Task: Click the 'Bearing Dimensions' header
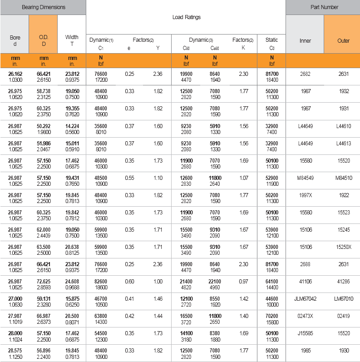tap(43, 7)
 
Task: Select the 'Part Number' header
tap(322, 7)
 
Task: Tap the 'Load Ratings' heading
tap(186, 17)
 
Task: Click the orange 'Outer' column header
tap(343, 40)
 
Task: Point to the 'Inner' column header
tap(305, 40)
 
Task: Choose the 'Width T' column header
tap(72, 40)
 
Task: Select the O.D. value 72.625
tap(44, 282)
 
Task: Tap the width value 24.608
tap(72, 282)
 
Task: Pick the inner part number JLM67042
tap(305, 299)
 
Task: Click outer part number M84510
tap(343, 178)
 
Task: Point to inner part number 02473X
tap(305, 316)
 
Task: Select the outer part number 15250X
tap(343, 247)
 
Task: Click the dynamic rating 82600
tap(100, 282)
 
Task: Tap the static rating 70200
tap(272, 316)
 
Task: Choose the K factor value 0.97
tap(243, 282)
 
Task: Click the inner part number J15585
tap(305, 333)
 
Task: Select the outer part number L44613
tap(343, 143)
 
